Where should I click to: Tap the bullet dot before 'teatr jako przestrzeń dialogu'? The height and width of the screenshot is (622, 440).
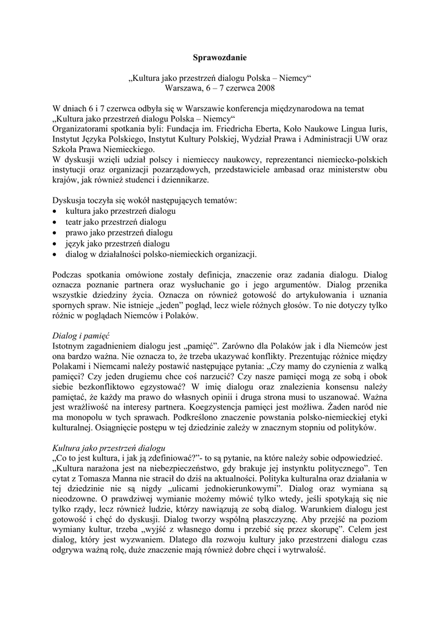coord(55,222)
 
